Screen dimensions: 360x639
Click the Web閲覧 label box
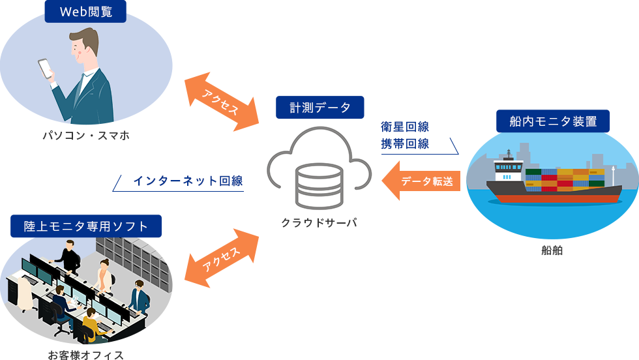tap(85, 12)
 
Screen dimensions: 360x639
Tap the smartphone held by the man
tap(46, 68)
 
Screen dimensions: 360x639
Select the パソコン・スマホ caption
tap(85, 136)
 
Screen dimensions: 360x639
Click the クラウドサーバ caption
tap(319, 223)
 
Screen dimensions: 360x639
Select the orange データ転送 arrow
tap(422, 181)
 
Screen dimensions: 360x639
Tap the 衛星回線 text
tap(405, 127)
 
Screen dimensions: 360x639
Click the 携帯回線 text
tap(405, 144)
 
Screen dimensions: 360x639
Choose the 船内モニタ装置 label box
tap(552, 121)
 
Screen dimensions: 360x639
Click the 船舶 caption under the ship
tap(552, 250)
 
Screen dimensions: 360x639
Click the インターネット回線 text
tap(188, 181)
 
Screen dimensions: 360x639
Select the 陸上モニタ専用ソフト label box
tap(86, 226)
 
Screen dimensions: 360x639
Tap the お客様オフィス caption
tap(85, 355)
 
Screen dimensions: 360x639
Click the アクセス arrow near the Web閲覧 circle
tap(222, 102)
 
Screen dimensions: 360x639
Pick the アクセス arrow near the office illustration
tap(222, 259)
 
